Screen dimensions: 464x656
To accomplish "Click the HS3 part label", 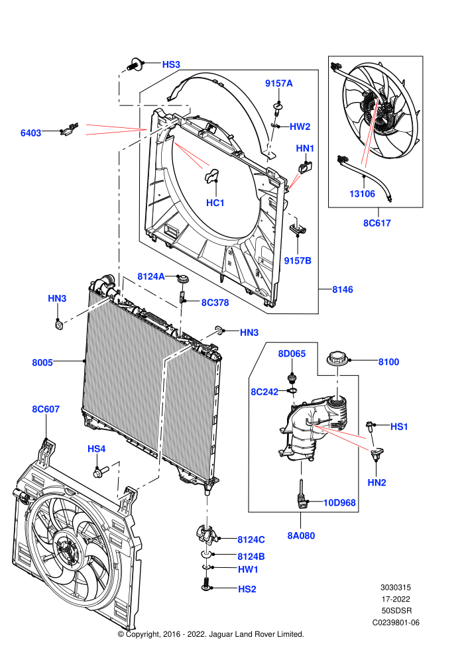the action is coord(171,64).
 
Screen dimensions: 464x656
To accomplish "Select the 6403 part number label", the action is coord(31,133).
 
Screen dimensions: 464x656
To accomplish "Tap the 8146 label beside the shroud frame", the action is coord(343,290).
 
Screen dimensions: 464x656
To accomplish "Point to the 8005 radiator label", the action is coord(42,362).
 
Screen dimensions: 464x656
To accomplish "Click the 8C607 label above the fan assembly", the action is coord(46,409).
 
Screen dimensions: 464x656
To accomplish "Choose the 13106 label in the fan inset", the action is coord(363,193).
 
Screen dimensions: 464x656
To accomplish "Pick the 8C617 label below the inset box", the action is coord(377,223).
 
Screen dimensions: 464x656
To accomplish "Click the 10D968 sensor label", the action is coord(339,502).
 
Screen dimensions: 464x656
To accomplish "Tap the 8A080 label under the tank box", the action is coord(301,535).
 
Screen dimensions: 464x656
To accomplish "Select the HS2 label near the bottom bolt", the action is coord(247,589).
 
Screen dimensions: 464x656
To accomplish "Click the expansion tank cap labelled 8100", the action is coord(337,360).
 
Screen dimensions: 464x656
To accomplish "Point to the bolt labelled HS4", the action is coord(100,472).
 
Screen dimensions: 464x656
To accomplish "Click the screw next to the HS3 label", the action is coord(134,65).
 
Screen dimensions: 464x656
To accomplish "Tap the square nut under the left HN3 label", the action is coord(59,323).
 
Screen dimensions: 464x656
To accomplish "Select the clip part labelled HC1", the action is coord(211,176).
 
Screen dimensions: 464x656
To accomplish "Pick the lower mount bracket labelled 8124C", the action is coord(206,533).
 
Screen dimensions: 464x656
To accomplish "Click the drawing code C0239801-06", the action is coord(396,622).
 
